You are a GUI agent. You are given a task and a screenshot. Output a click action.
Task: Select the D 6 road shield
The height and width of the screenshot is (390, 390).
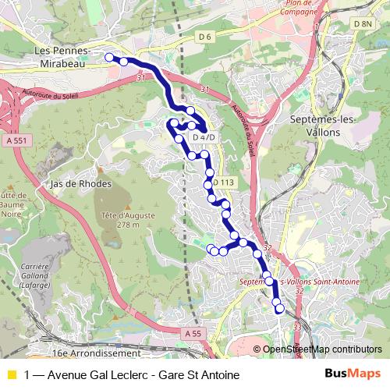[205, 37]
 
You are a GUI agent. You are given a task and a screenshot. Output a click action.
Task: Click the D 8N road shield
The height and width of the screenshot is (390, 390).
[363, 24]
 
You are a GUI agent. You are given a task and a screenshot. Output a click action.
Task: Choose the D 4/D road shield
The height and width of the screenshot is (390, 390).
[203, 138]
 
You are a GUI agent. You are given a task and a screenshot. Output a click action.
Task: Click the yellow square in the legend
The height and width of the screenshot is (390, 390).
[11, 374]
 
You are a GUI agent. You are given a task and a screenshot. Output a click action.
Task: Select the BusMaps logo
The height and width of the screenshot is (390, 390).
[353, 374]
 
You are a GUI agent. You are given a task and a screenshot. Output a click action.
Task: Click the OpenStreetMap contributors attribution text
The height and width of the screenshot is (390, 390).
[322, 349]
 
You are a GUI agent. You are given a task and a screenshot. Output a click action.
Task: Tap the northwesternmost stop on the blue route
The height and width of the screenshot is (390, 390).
[109, 57]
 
